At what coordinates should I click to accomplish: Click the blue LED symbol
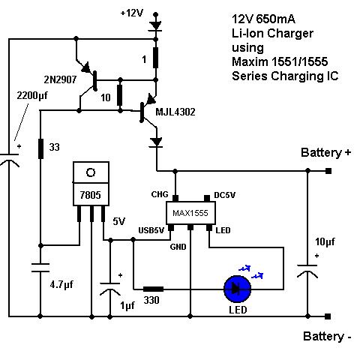237,289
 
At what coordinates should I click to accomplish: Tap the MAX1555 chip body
190,213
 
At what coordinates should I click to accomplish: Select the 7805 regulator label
91,195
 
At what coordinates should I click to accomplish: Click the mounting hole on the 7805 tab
91,172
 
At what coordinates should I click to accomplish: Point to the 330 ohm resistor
153,289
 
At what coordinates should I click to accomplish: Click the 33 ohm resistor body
40,149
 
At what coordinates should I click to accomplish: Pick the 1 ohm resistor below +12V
155,58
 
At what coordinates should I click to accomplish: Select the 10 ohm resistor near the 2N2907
120,95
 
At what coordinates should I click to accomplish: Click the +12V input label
132,13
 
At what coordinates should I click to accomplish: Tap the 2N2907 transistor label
60,79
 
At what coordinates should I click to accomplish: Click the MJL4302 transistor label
175,112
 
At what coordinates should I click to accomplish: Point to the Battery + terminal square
328,171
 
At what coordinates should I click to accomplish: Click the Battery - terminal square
328,316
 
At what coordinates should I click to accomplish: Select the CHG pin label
160,194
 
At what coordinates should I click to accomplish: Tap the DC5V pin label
224,195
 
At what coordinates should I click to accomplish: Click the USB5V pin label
151,230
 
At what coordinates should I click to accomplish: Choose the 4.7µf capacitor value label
61,285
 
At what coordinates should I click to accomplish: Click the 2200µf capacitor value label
32,95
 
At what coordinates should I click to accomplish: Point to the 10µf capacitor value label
325,241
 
